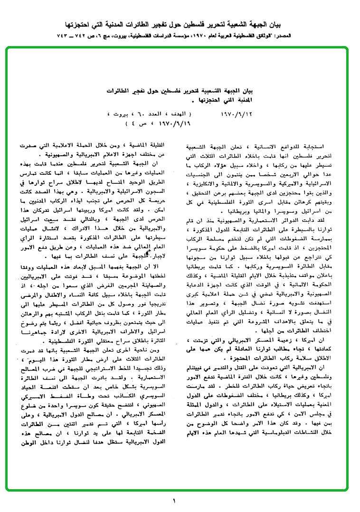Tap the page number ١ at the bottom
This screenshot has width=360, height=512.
point(175,500)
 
